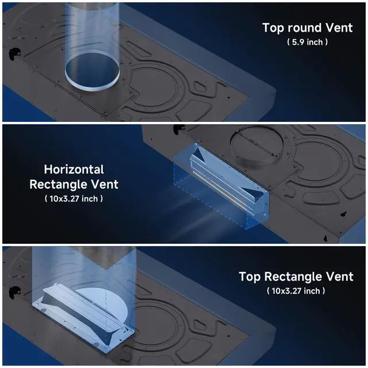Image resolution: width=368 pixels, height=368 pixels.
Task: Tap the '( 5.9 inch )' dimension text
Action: coord(307,42)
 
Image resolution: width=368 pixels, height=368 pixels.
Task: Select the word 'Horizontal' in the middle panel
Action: coord(74,169)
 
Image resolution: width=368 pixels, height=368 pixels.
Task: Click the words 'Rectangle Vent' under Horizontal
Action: coord(74,184)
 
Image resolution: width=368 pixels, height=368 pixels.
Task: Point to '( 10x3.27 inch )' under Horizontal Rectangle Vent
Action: coord(74,199)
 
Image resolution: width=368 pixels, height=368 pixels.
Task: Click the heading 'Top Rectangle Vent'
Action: coord(296,277)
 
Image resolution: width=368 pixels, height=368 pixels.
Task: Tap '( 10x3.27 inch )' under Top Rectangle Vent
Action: coord(296,291)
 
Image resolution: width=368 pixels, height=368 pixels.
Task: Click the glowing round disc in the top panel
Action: coord(92,72)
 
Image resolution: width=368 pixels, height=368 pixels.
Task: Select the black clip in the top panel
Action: coord(14,53)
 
